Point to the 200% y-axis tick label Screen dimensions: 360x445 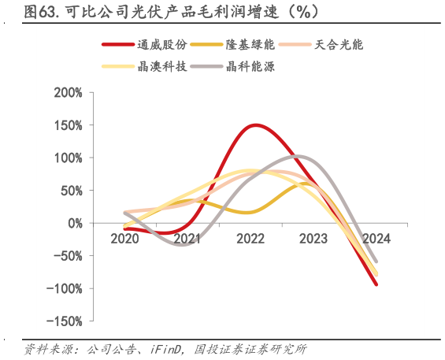click(x=68, y=93)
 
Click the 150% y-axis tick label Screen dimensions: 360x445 click(x=68, y=125)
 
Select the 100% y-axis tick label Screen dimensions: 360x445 click(x=68, y=158)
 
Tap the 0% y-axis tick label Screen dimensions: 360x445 click(x=76, y=223)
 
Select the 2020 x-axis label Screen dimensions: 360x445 click(x=124, y=238)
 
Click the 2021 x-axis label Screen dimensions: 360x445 click(x=187, y=238)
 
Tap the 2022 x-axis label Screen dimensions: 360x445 click(x=250, y=238)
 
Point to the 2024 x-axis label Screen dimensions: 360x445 click(x=376, y=238)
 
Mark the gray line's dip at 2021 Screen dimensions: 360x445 click(x=181, y=244)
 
